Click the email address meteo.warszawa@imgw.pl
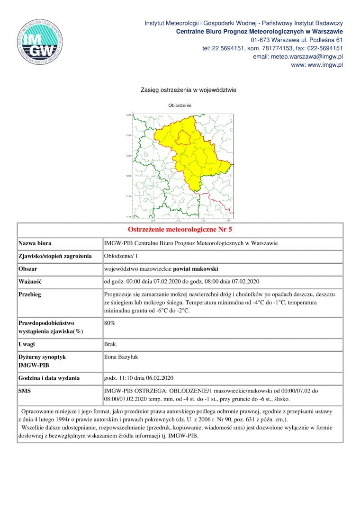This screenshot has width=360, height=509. coord(298,57)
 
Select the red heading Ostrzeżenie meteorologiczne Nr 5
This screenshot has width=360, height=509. coord(180,230)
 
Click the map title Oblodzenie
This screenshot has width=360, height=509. coord(180,105)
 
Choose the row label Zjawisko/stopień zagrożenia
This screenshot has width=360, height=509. coord(54,256)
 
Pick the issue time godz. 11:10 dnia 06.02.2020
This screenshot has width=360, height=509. coord(139,378)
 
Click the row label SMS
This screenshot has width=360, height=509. coord(25,391)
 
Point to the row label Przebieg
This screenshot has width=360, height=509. coord(30,294)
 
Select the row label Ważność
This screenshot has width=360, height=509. coord(30,281)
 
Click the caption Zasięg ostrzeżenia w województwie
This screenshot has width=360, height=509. coord(182,90)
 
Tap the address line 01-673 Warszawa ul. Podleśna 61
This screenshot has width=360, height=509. coord(297,40)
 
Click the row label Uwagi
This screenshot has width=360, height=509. coord(27,344)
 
